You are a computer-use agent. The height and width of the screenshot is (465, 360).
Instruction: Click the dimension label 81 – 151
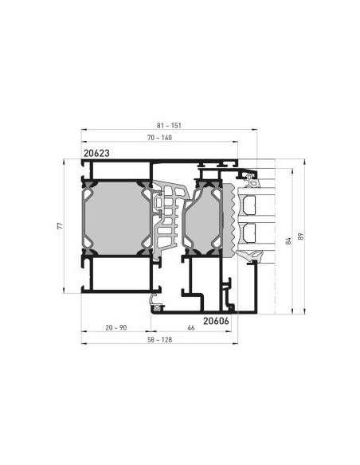(x=169, y=126)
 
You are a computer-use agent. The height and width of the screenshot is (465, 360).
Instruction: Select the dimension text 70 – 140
(x=159, y=138)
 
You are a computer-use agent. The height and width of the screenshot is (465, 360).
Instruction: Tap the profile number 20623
(x=96, y=153)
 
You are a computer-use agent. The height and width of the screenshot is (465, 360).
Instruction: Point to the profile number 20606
(x=216, y=321)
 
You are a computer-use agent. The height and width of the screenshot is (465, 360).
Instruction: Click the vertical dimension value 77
(x=61, y=226)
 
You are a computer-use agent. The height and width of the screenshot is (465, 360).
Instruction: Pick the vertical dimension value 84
(x=288, y=240)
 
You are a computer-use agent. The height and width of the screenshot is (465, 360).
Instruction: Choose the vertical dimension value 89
(x=301, y=236)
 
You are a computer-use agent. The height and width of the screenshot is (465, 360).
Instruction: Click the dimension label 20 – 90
(x=116, y=328)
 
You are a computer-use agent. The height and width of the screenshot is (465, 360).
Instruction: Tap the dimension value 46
(x=191, y=328)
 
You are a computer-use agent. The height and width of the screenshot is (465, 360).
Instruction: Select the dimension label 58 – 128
(x=159, y=340)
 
